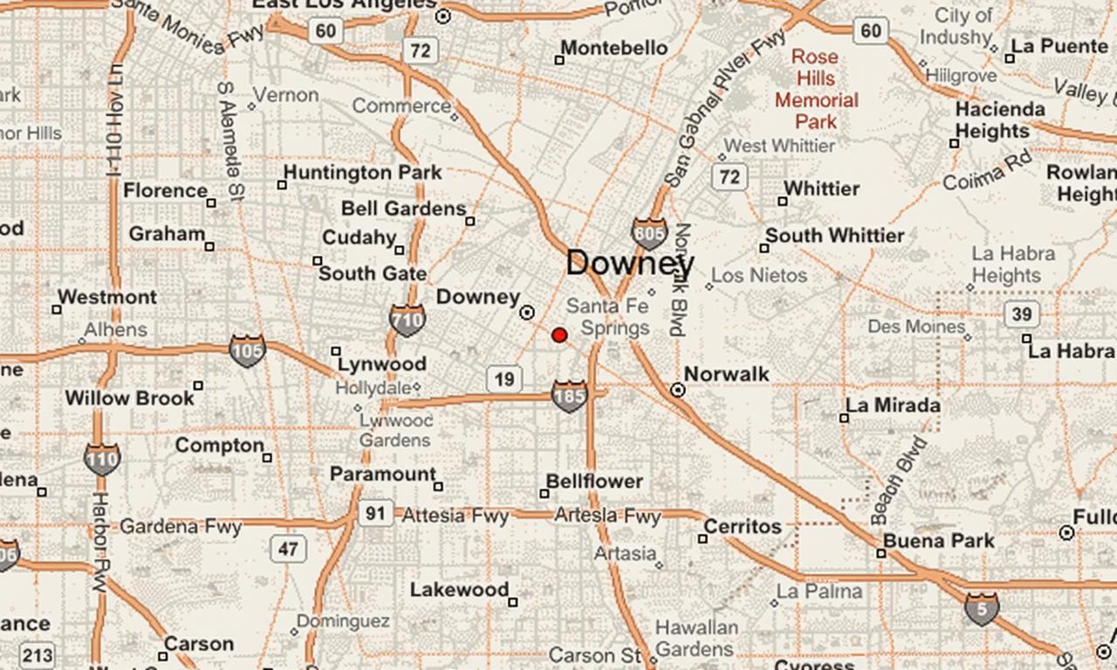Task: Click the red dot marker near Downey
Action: pos(559,335)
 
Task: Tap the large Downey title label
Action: pos(630,263)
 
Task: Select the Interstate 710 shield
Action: pos(407,319)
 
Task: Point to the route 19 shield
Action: pos(504,379)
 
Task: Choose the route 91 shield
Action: pos(374,513)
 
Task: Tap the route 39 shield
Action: pos(1020,314)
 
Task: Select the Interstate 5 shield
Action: pos(982,608)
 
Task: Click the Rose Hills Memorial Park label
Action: pos(816,89)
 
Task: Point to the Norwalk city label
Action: pos(726,374)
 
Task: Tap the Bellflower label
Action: pos(594,482)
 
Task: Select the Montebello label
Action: pos(614,48)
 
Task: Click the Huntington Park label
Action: pos(362,173)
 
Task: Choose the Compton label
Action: pos(219,446)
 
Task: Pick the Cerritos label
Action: pos(743,527)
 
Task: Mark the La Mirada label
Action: pos(893,406)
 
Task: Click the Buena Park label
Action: pos(938,541)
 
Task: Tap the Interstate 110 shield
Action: pos(102,458)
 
